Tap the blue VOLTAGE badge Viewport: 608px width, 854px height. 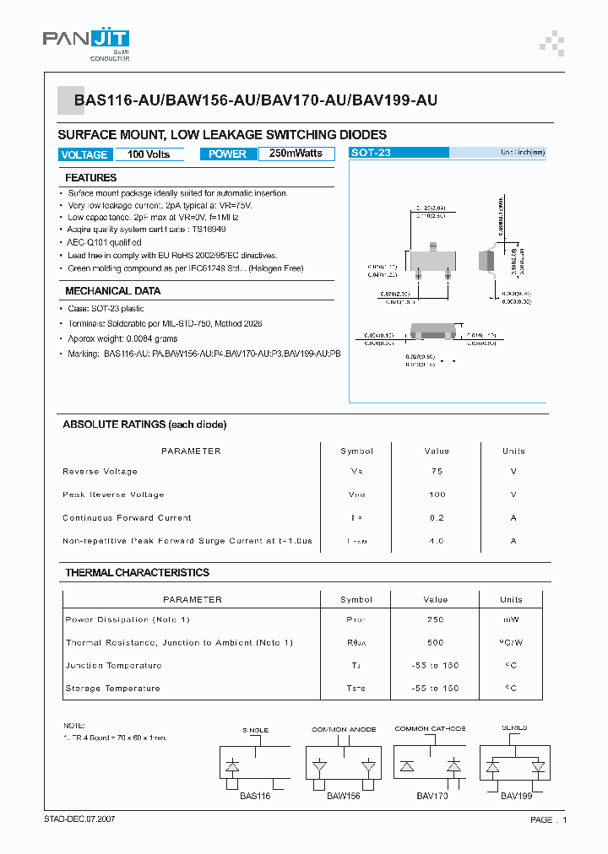click(x=84, y=154)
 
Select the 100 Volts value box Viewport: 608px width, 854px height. click(x=149, y=154)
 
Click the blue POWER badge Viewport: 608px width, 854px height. click(x=227, y=154)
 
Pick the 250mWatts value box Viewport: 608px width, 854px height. click(x=296, y=154)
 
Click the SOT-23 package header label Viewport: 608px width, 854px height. click(x=371, y=154)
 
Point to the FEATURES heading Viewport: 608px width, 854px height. click(x=91, y=178)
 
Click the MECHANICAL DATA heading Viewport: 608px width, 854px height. click(x=113, y=291)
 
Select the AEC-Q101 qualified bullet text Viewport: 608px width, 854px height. click(x=105, y=241)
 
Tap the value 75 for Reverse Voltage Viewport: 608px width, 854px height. click(x=436, y=472)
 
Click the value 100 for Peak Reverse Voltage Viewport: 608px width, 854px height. click(x=436, y=495)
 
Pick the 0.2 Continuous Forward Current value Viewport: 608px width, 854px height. click(x=436, y=518)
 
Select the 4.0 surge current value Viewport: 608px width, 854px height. click(x=436, y=541)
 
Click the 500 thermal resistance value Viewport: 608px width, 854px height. click(x=436, y=643)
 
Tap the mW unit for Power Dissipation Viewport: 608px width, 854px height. click(x=512, y=619)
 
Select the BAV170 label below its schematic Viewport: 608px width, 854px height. click(x=432, y=796)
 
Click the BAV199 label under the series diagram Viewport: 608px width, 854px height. click(x=515, y=796)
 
